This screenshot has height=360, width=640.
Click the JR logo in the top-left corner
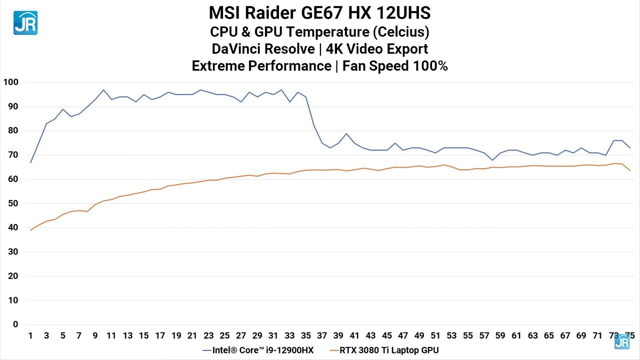click(x=25, y=22)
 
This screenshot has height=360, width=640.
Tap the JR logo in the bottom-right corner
click(x=622, y=342)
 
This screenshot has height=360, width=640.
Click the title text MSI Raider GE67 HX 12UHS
click(x=319, y=12)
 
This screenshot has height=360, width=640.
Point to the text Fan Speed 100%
click(x=394, y=66)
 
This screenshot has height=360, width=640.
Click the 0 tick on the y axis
click(x=15, y=324)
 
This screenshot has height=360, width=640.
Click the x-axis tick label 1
click(x=30, y=335)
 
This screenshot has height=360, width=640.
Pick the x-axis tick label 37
click(x=322, y=335)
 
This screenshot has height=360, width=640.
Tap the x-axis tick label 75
click(x=629, y=335)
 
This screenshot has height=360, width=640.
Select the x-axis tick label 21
click(x=192, y=335)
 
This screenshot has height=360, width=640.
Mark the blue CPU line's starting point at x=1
click(x=30, y=162)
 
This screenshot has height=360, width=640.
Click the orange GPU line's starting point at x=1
click(x=30, y=230)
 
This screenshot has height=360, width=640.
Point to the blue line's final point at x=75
click(x=629, y=148)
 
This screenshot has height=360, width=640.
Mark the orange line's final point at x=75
click(x=629, y=170)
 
